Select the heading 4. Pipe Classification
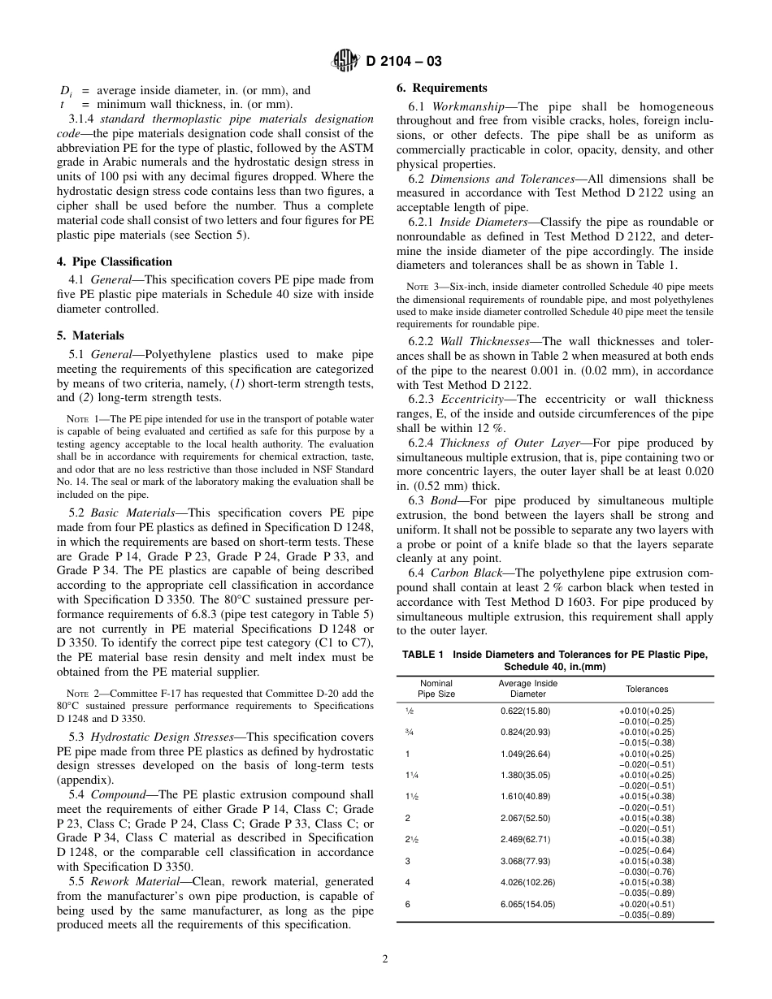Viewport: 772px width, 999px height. (122, 262)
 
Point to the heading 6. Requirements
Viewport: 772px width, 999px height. (441, 88)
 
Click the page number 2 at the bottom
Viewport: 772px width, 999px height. (385, 958)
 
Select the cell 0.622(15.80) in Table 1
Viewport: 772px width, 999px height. (527, 711)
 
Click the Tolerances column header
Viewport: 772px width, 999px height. (646, 689)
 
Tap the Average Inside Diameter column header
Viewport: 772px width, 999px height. (527, 689)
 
